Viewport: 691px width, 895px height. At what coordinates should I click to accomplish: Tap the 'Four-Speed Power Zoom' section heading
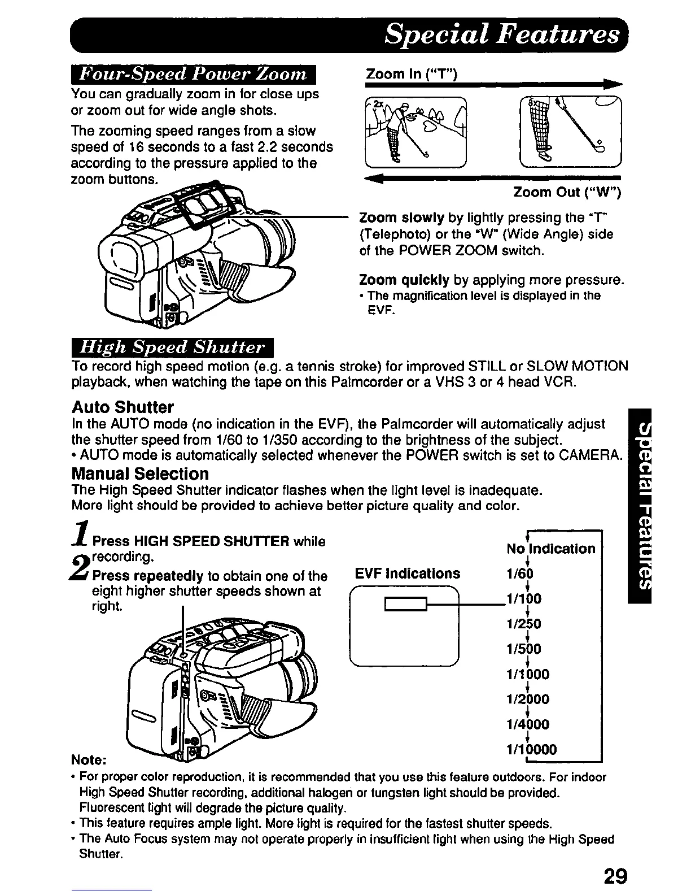[194, 75]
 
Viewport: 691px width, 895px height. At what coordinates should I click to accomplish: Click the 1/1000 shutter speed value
[527, 674]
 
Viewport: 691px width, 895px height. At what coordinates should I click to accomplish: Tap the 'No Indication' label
[550, 549]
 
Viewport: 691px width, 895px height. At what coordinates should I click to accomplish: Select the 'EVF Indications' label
[407, 574]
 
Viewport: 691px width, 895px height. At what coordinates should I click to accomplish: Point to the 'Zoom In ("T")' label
[411, 74]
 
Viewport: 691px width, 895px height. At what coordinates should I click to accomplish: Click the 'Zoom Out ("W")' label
[567, 193]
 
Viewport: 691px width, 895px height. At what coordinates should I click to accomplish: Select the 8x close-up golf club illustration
[570, 131]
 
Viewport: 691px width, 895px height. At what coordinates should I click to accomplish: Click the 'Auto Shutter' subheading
[123, 407]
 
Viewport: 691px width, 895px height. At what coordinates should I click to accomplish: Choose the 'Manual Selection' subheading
[140, 473]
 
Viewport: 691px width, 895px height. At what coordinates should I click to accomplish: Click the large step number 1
[81, 534]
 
